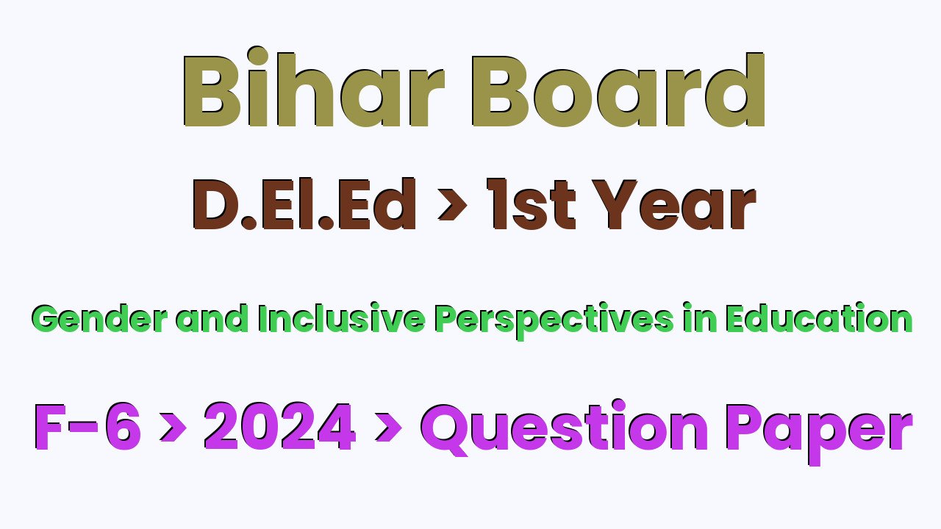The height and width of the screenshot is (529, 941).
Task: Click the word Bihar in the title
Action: [x=313, y=87]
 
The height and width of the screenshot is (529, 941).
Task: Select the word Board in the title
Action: [x=618, y=90]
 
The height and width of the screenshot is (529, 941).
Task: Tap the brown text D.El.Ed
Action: [x=304, y=204]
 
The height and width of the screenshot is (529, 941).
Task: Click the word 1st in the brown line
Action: [x=531, y=204]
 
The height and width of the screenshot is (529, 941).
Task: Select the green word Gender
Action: [x=99, y=319]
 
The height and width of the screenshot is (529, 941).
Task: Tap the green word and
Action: [x=211, y=318]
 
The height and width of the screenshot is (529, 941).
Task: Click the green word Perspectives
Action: [x=554, y=321]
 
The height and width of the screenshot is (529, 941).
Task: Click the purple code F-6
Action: [x=87, y=428]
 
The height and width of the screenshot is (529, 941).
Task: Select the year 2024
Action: [x=280, y=427]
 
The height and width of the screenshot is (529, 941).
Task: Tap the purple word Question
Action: [x=564, y=428]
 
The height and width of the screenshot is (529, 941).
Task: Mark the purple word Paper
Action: [x=819, y=433]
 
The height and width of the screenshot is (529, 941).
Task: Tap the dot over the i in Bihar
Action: [x=258, y=57]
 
